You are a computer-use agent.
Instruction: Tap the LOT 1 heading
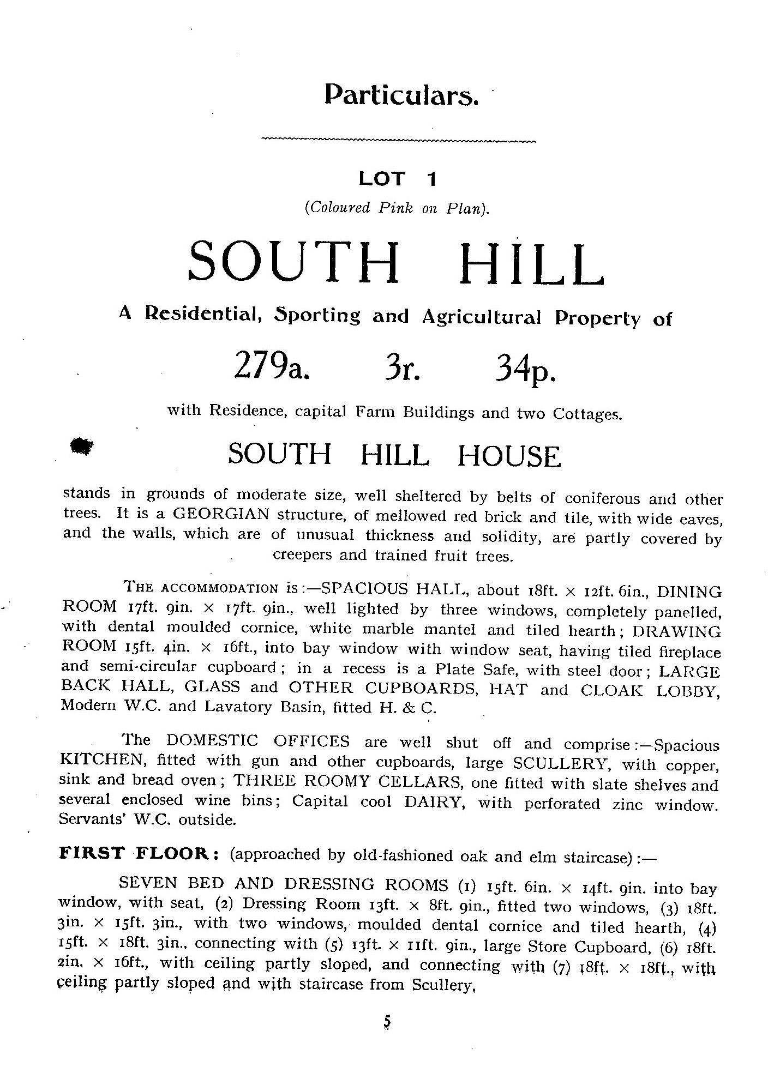(x=397, y=179)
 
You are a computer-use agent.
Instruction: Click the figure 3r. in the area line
(x=400, y=367)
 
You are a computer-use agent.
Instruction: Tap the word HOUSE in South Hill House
(x=508, y=456)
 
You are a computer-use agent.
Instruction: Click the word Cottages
(x=587, y=414)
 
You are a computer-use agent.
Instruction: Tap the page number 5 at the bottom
(x=387, y=1021)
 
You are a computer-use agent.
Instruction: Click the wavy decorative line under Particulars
(x=399, y=140)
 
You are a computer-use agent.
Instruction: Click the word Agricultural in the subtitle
(x=482, y=317)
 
